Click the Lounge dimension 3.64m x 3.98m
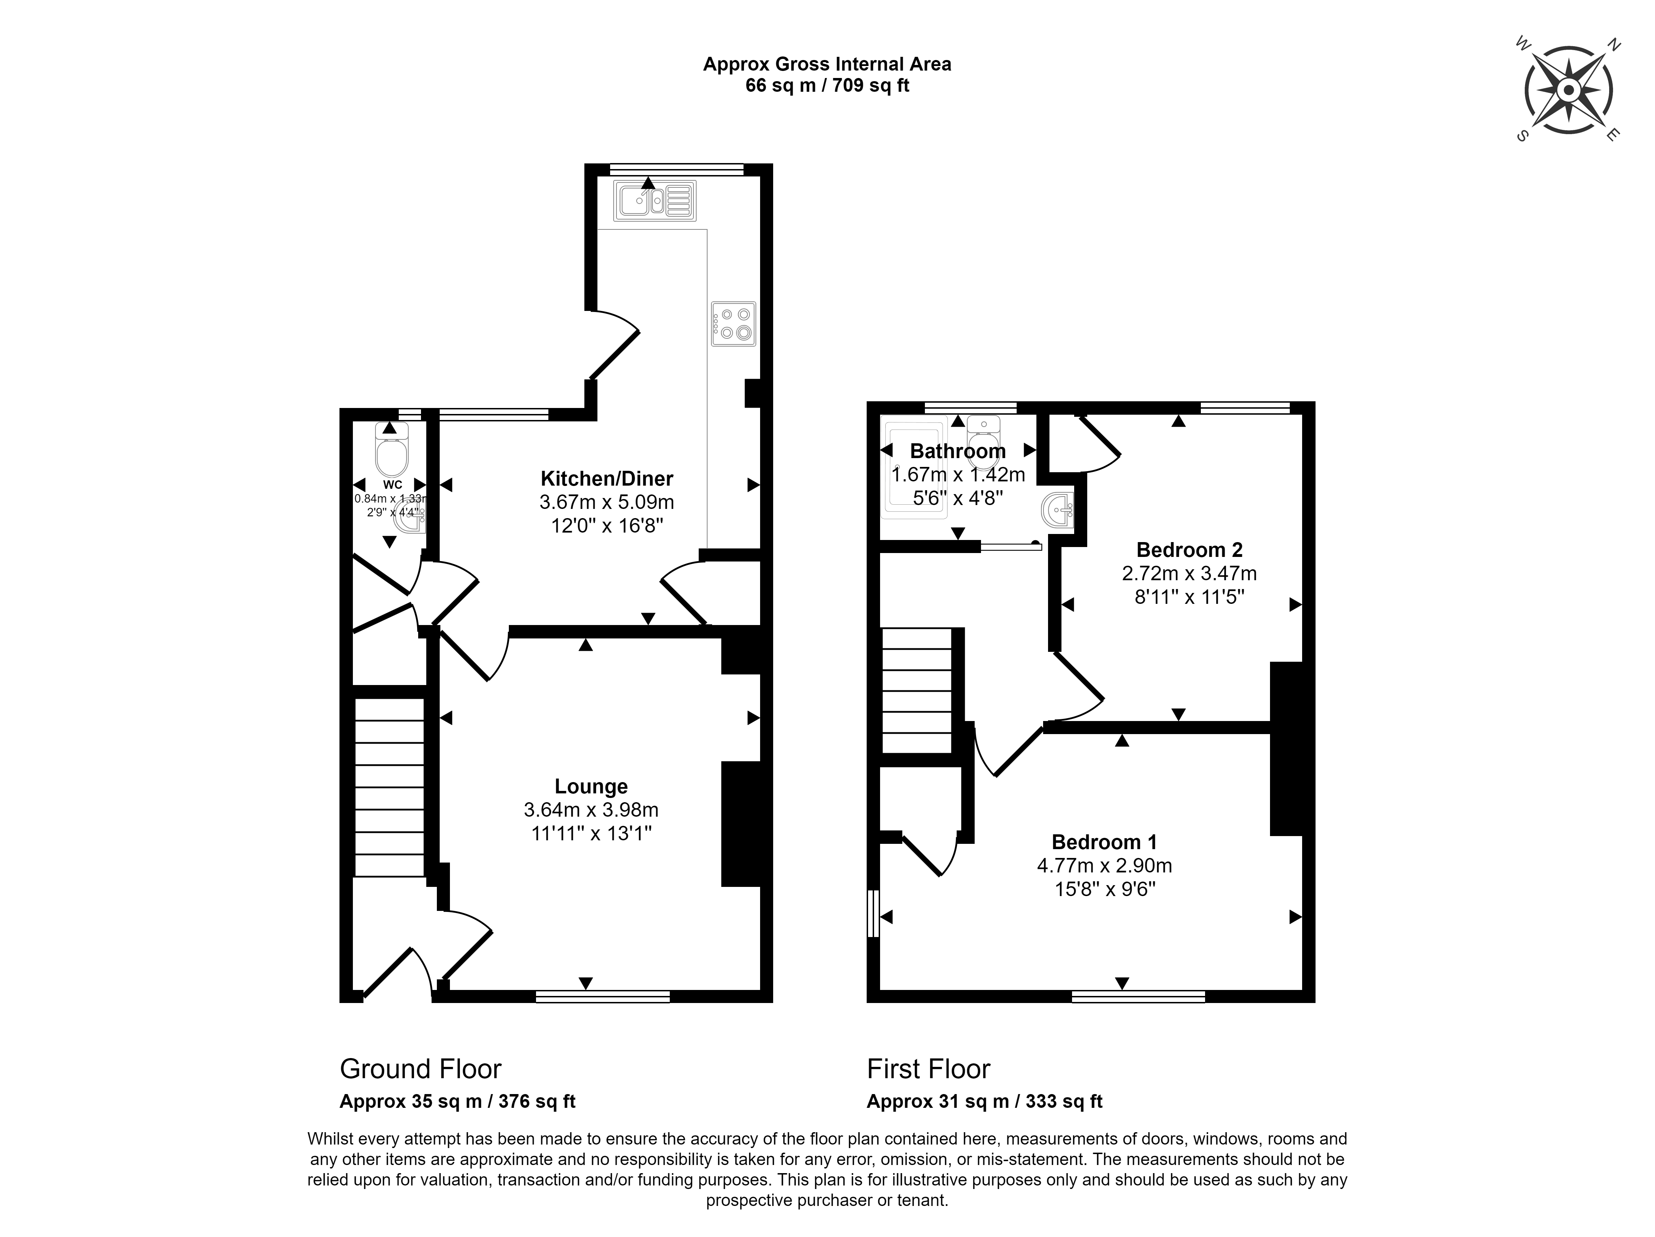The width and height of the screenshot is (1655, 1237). (591, 810)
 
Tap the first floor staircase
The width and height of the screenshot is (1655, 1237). (917, 691)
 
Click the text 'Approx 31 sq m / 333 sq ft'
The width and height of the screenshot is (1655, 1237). (985, 1101)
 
